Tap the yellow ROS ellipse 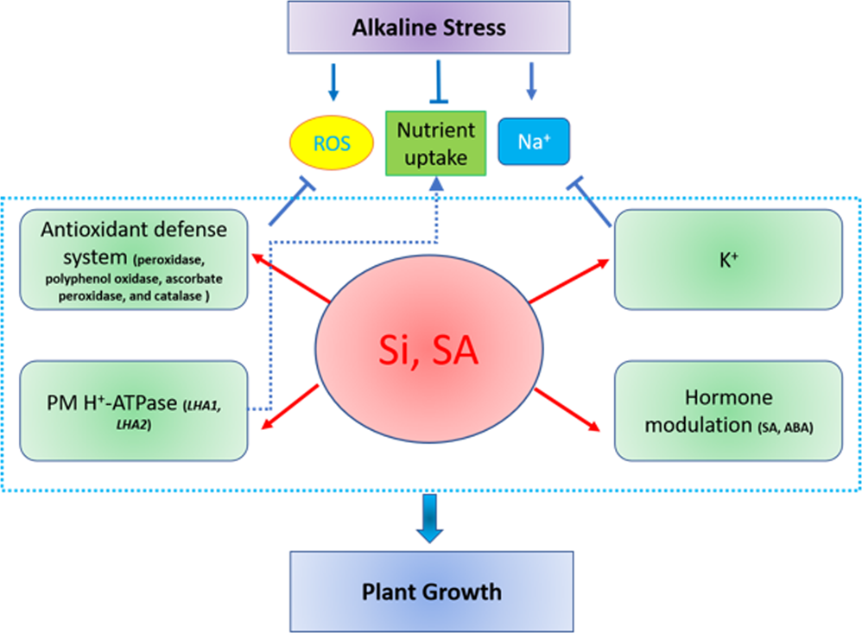click(x=333, y=142)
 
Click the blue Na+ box click(x=535, y=142)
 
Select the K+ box click(x=727, y=258)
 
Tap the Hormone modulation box click(x=727, y=410)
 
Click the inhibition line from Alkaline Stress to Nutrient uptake click(x=439, y=82)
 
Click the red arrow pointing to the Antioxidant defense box click(x=292, y=278)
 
